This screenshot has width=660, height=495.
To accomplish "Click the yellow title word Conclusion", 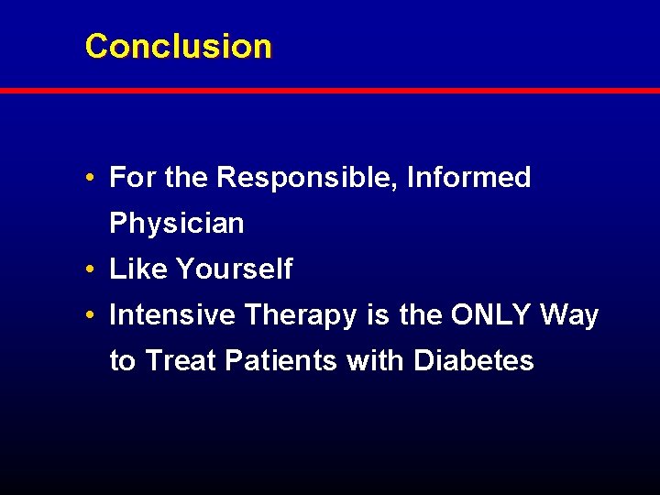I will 178,46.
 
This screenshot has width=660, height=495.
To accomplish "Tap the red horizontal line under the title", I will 330,91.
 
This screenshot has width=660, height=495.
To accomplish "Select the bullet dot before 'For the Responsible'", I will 94,178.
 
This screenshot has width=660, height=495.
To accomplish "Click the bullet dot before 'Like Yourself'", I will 94,269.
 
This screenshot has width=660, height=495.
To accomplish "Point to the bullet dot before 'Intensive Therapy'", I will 94,315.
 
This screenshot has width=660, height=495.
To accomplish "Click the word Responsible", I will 307,178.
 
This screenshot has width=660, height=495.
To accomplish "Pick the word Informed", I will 468,178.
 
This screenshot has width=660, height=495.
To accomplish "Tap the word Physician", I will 177,224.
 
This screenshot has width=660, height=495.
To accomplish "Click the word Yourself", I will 234,269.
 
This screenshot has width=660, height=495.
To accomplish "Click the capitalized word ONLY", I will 490,315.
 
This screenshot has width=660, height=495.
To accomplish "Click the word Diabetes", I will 473,361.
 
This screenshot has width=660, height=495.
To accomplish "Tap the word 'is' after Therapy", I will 378,315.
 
